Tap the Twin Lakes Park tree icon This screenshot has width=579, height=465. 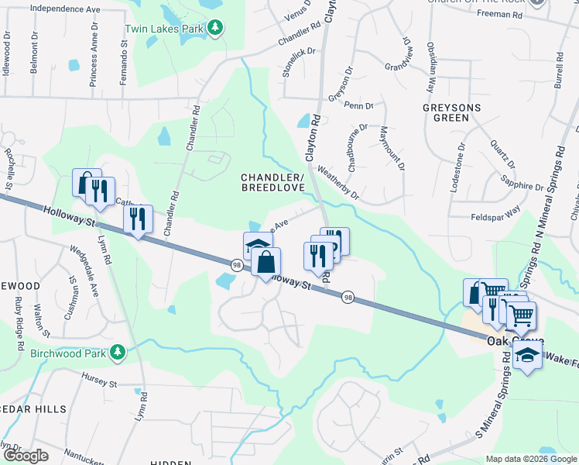coord(216,29)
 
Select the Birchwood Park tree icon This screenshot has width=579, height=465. coord(118,353)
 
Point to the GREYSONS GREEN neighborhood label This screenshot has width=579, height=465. coord(446,112)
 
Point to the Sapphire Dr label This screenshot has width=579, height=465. coord(522,187)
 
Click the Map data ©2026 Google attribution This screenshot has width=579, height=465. coord(531,459)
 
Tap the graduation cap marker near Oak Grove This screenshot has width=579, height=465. coord(527,356)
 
